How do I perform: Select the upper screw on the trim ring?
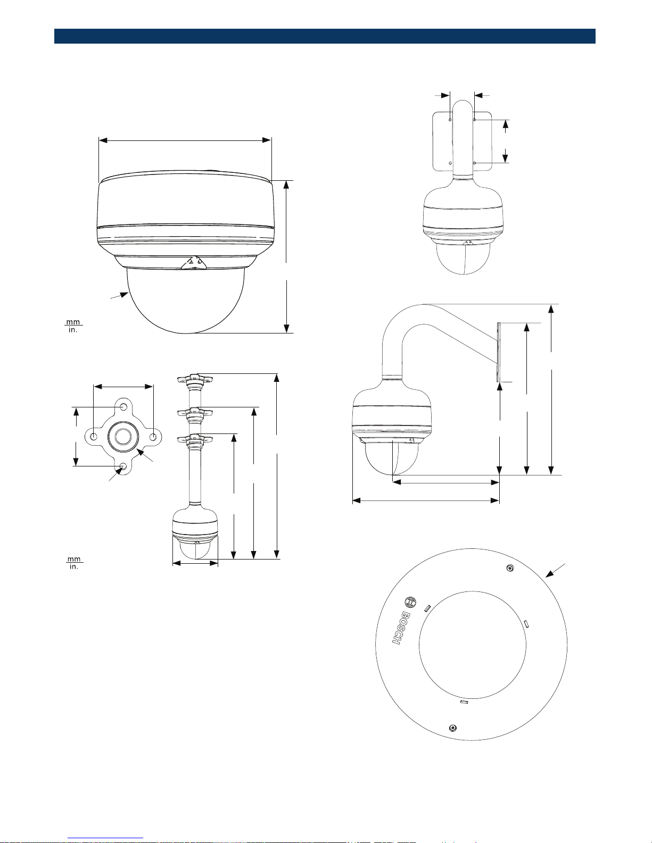click(x=510, y=569)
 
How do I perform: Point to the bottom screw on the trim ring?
click(x=452, y=728)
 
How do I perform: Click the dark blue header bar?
click(x=325, y=36)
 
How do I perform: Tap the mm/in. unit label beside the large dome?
click(x=73, y=326)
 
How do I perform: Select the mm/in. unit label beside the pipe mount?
click(x=74, y=563)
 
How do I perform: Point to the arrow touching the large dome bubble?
click(x=120, y=295)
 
